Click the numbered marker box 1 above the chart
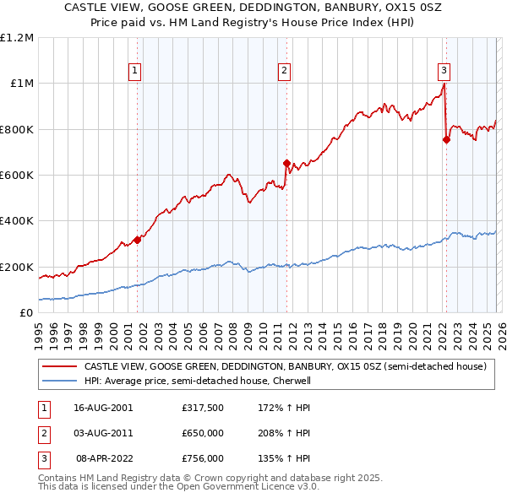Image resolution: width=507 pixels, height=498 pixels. [x=136, y=71]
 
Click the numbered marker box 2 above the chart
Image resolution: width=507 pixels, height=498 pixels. [x=285, y=71]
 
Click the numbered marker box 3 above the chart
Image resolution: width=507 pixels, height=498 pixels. [x=444, y=71]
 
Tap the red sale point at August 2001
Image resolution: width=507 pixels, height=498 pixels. [x=137, y=240]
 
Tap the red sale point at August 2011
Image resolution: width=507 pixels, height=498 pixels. [x=286, y=163]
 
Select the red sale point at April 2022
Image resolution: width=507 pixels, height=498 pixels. [x=446, y=139]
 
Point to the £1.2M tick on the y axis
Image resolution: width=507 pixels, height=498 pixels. [x=18, y=38]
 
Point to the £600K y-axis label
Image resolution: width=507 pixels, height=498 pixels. [x=18, y=176]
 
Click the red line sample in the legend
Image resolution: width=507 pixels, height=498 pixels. [x=59, y=367]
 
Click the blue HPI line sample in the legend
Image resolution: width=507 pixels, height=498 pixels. [x=59, y=381]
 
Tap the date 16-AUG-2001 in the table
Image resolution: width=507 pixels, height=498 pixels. [x=103, y=408]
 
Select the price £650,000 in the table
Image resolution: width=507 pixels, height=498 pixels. [x=202, y=433]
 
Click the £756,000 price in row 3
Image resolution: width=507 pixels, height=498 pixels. [x=202, y=458]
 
